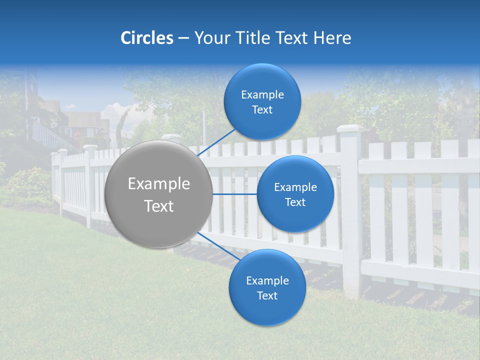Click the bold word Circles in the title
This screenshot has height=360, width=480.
click(x=146, y=38)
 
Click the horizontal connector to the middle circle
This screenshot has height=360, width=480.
click(x=234, y=194)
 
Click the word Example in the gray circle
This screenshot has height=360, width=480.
click(x=159, y=184)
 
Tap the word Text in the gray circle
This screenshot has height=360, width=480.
click(x=159, y=206)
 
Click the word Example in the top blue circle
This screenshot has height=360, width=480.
click(x=262, y=95)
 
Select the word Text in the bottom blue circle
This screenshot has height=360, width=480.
click(x=267, y=295)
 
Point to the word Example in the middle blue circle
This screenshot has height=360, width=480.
click(x=295, y=187)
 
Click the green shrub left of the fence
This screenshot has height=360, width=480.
click(x=27, y=185)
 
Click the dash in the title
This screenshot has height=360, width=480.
click(x=183, y=38)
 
